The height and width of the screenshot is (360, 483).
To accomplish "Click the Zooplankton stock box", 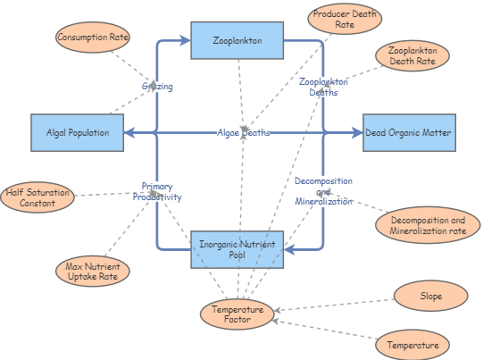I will tap(238, 41).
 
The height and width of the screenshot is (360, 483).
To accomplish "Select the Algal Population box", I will tap(78, 132).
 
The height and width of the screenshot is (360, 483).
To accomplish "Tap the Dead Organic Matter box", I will tap(407, 132).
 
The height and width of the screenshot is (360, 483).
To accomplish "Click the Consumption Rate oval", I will tap(93, 38).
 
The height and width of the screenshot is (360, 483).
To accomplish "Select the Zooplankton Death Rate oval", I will tap(412, 55).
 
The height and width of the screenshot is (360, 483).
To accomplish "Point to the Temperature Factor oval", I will tap(237, 314).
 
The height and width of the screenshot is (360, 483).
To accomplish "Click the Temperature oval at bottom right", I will tap(412, 345).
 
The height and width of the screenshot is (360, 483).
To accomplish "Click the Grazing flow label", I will tap(157, 87).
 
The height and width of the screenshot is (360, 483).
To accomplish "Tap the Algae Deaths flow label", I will tap(243, 132).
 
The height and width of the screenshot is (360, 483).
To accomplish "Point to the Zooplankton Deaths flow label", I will tap(323, 87).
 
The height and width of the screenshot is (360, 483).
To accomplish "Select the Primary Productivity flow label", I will tap(156, 191).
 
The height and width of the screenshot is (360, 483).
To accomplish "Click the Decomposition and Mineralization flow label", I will tap(324, 191).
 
